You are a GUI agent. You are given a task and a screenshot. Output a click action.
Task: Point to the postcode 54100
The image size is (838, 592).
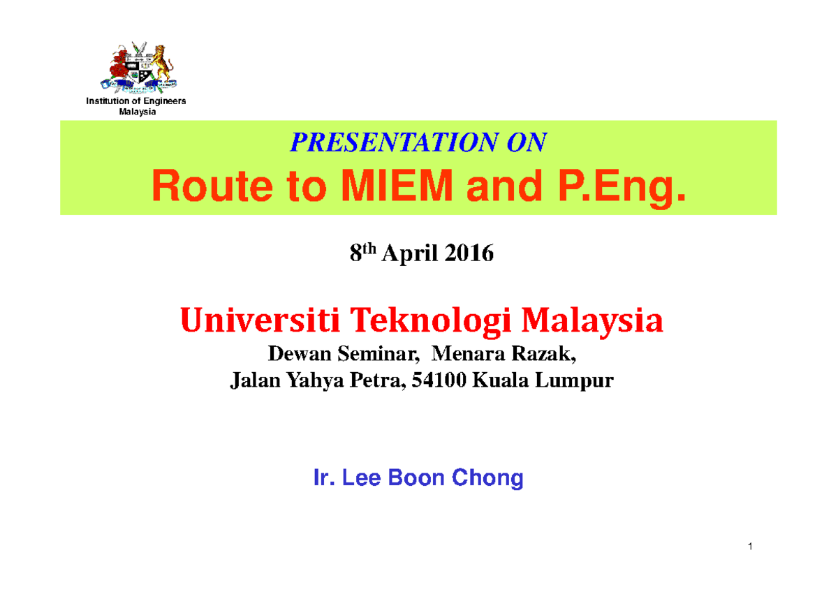click(x=444, y=381)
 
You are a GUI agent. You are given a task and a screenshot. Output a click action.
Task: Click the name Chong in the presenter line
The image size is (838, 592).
click(x=488, y=478)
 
